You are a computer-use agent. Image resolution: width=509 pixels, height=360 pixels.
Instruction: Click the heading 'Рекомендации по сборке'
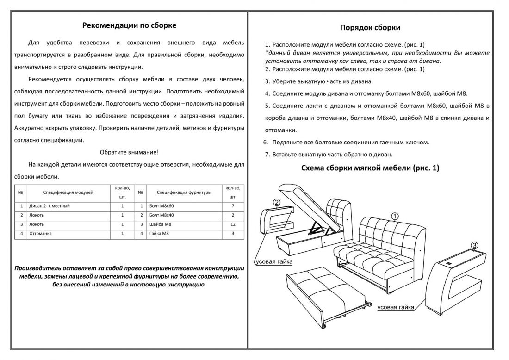point(129,25)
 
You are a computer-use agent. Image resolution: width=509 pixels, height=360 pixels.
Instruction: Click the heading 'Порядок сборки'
point(370,27)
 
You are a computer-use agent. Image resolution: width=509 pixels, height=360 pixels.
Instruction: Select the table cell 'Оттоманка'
point(40,234)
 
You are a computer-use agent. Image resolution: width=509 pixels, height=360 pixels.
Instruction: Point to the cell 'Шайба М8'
point(160,224)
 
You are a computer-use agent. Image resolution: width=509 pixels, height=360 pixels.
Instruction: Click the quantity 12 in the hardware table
point(233,224)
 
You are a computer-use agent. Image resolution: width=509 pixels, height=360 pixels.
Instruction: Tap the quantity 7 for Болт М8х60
point(233,206)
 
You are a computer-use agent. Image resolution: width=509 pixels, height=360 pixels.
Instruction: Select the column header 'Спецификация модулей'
point(68,192)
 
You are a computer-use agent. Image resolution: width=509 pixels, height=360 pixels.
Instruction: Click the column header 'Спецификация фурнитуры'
point(184,192)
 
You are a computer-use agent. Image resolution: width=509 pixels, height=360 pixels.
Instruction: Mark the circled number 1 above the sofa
point(395,216)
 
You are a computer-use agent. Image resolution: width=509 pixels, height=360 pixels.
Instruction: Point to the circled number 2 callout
point(276,202)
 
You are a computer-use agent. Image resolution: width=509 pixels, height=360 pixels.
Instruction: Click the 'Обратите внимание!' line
point(129,152)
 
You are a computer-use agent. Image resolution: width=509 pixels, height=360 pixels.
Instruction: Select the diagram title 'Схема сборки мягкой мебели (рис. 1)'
point(370,168)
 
